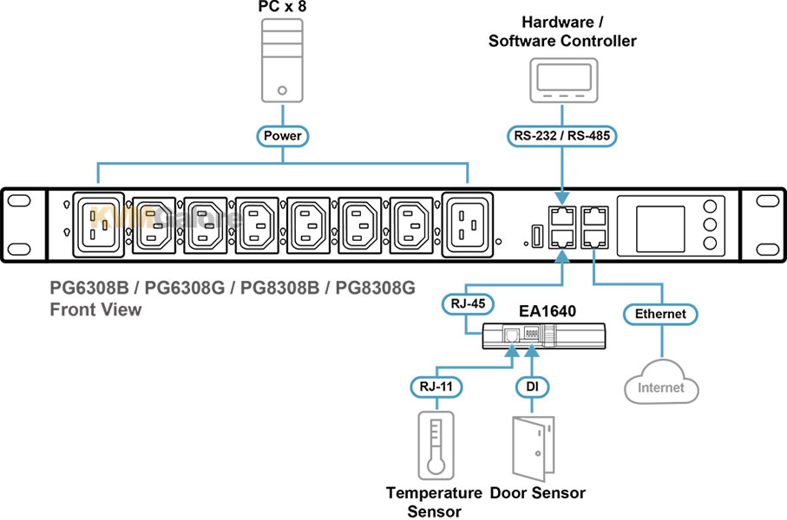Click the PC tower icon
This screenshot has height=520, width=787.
tap(282, 61)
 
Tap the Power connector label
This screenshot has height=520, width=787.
tap(282, 136)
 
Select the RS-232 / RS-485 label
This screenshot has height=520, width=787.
tap(562, 136)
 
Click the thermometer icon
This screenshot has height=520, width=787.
tap(435, 445)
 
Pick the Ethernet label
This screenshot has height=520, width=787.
tap(660, 314)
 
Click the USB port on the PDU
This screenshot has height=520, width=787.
tap(536, 234)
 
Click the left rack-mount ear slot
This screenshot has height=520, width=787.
tap(18, 201)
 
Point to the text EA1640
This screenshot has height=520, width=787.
tap(548, 309)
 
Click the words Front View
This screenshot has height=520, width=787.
tap(95, 309)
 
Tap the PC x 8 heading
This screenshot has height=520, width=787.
tap(281, 7)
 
